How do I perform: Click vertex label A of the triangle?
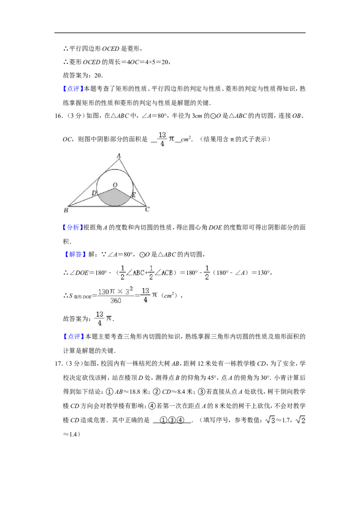119,156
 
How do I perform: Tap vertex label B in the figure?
66,210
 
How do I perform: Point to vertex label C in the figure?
147,210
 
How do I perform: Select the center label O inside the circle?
115,185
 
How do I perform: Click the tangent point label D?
94,193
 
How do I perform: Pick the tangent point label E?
133,195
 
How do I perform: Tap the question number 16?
59,116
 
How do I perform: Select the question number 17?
59,364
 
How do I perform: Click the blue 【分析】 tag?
71,228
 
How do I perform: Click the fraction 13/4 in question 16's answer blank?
162,139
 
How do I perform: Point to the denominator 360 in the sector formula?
116,301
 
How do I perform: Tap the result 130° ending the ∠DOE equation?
264,272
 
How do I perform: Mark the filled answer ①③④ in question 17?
171,420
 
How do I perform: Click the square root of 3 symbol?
270,420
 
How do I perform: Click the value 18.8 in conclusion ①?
134,392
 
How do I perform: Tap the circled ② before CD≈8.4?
157,392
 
